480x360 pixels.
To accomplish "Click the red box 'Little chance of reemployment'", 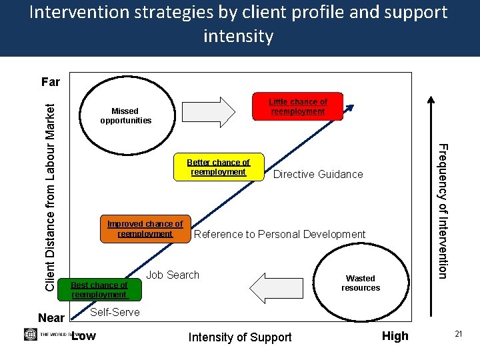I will (x=297, y=107).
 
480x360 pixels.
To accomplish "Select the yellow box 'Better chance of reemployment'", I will (x=218, y=167).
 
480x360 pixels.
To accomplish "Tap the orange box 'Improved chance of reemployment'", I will (x=145, y=229).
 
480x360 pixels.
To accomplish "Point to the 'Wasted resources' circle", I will (x=361, y=283).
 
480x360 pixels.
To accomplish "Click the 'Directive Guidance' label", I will (x=318, y=175).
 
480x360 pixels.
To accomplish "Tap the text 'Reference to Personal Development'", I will (x=279, y=235).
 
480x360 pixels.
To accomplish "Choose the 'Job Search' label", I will (x=173, y=275).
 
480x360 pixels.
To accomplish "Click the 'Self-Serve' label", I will (x=115, y=312).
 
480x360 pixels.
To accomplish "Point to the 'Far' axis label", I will (x=51, y=82).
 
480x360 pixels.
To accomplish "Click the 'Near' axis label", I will (x=51, y=318).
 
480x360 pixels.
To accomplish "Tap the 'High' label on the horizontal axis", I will (x=395, y=336).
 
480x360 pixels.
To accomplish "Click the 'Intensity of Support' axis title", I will (x=240, y=337).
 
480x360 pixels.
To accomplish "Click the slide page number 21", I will (x=459, y=333).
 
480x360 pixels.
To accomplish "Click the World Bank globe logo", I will (x=30, y=334).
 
